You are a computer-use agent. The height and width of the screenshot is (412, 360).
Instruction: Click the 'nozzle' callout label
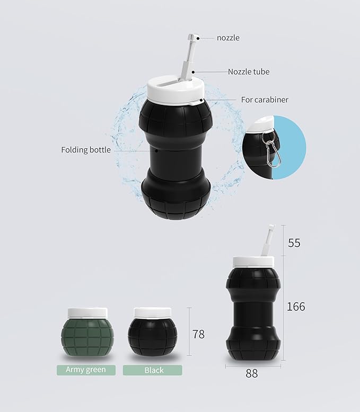pos(229,38)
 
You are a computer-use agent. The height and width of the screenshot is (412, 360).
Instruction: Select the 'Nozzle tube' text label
pos(248,71)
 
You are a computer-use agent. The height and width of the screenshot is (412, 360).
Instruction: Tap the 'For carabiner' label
pos(265,100)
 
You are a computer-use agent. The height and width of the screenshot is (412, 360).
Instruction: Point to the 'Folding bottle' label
pos(86,150)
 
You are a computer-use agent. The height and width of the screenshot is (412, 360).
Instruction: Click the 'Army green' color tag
pos(85,370)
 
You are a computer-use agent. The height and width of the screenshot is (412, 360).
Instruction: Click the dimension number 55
pos(294,243)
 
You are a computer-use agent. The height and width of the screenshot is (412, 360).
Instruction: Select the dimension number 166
pos(296,306)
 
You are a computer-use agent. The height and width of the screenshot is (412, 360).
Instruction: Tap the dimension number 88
pos(252,373)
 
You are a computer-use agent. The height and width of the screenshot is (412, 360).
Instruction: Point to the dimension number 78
pos(198,334)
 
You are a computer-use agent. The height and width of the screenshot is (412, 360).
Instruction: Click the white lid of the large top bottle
pos(175,91)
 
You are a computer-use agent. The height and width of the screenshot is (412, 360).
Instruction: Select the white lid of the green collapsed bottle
pos(87,313)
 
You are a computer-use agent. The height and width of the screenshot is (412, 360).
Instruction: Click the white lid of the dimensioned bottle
pos(253,262)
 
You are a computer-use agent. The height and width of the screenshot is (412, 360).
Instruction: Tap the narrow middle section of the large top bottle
pos(175,151)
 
